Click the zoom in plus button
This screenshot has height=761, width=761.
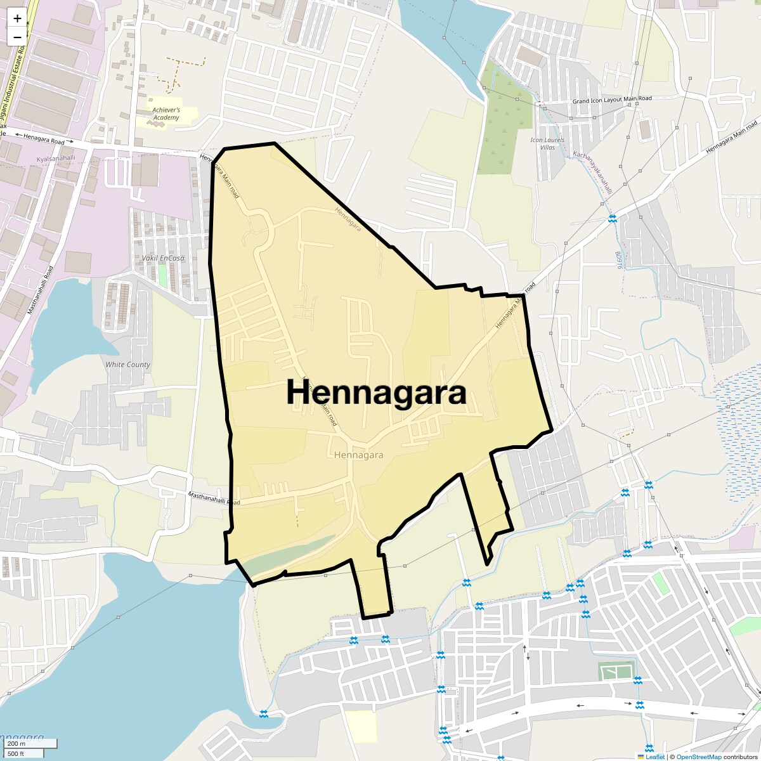coord(17,18)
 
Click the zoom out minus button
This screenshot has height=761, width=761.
coord(17,37)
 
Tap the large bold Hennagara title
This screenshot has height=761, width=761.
coord(377,393)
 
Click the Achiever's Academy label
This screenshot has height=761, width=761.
coord(166,114)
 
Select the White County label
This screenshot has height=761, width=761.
coord(128,365)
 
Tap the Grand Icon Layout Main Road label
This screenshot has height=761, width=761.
coord(612,100)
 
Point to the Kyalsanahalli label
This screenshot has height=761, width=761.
coord(56,158)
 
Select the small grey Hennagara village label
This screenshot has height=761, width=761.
coord(358,455)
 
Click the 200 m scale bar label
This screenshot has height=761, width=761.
coord(17,743)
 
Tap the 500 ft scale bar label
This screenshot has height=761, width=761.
coord(17,753)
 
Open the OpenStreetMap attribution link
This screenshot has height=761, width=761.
coord(699,757)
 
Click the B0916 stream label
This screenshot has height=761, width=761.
coord(618,259)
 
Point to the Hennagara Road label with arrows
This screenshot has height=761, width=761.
coord(44,136)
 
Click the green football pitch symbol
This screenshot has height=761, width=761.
coord(616,671)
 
